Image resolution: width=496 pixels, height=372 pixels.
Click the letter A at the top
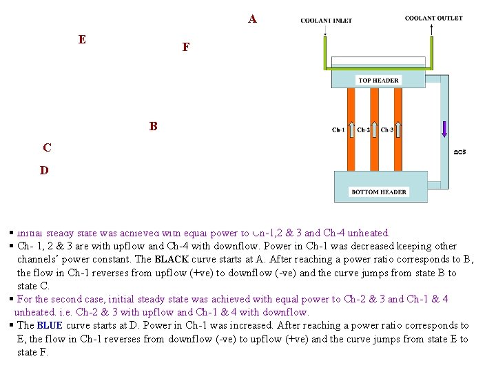[x=253, y=19]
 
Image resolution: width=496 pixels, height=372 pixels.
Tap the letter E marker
[x=82, y=40]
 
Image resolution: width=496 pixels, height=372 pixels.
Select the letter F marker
[x=186, y=48]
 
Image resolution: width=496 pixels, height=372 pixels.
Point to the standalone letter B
[x=153, y=127]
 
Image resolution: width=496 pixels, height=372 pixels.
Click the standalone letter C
[x=46, y=147]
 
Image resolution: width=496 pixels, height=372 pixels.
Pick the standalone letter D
[x=44, y=170]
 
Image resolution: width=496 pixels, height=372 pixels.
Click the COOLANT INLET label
[x=326, y=21]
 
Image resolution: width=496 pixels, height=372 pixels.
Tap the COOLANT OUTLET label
[x=433, y=19]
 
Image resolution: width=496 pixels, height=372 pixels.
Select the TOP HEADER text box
[x=378, y=81]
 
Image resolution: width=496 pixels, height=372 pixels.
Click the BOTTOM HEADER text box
[x=379, y=192]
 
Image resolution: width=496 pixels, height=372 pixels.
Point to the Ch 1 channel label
[x=338, y=130]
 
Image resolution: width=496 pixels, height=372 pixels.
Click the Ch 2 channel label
[x=363, y=130]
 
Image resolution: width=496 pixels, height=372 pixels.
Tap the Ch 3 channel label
[x=387, y=130]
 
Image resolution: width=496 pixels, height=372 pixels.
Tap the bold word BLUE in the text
[x=49, y=325]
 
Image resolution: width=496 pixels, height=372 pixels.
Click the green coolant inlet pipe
[x=326, y=52]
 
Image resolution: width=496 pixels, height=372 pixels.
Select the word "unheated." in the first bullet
[x=368, y=233]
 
